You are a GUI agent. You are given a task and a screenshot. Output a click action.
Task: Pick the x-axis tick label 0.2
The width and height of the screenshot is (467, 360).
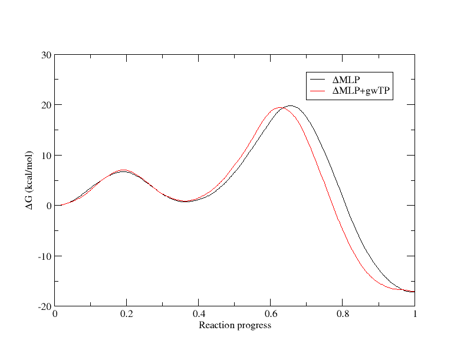(127, 313)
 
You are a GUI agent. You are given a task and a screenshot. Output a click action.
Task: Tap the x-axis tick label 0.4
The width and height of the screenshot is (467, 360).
(199, 313)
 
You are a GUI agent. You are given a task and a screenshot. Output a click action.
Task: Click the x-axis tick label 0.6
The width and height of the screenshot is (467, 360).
(271, 313)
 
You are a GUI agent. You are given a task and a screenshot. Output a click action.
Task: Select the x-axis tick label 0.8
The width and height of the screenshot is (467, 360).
(343, 313)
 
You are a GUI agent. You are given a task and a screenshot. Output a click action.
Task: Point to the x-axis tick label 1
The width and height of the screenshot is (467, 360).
(415, 313)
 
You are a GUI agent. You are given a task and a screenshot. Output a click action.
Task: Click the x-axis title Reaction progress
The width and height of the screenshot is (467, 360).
(235, 325)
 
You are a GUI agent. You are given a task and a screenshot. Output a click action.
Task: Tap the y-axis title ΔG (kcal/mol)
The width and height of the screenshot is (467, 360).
(29, 180)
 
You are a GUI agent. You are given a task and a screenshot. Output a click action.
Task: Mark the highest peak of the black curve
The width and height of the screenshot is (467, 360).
(290, 106)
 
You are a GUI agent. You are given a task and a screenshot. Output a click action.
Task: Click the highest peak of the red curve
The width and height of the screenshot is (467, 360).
(279, 108)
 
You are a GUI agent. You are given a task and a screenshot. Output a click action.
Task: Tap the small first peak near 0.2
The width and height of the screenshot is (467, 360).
(123, 170)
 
